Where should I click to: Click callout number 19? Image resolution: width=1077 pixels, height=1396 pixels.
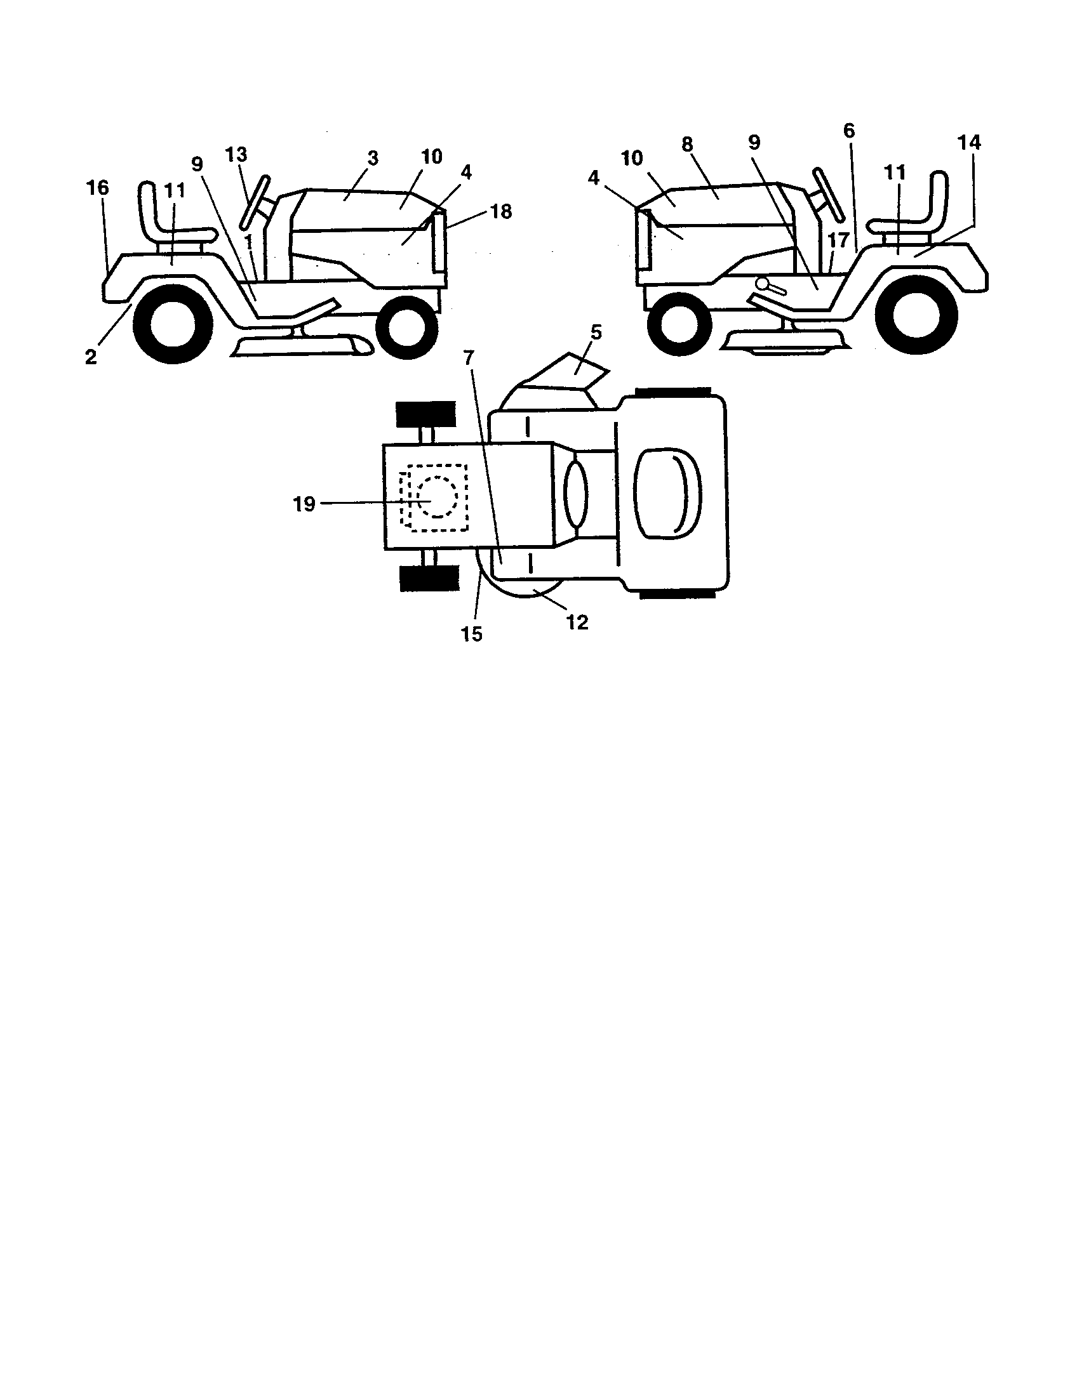coord(304,504)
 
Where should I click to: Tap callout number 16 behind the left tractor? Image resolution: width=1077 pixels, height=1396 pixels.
coord(98,188)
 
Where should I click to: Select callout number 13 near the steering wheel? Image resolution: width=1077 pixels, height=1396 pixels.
coord(236,155)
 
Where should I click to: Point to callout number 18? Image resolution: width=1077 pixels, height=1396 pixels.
coord(502,211)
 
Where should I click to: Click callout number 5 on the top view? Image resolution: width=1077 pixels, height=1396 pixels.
coord(596,333)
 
